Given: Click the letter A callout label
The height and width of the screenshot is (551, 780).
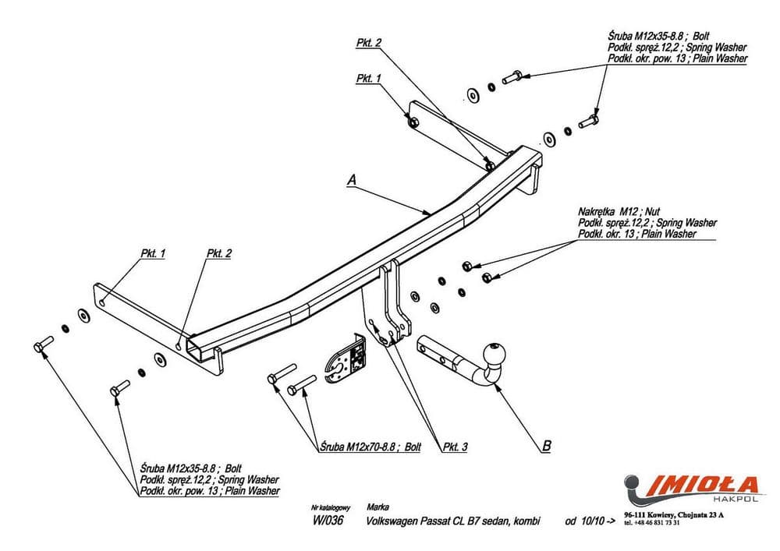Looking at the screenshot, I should tap(352, 180).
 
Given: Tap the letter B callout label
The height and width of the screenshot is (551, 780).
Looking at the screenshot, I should tap(547, 447).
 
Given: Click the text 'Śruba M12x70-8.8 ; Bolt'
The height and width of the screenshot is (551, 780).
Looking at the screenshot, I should tap(370, 447).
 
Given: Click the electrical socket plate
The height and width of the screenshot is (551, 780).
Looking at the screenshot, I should tap(346, 361).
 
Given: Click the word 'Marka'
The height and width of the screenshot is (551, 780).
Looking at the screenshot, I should tap(377, 507).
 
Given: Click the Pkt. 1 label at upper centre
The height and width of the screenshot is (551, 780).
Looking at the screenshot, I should tap(368, 79).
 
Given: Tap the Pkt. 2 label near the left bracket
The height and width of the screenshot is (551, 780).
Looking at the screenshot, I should tap(219, 254).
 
